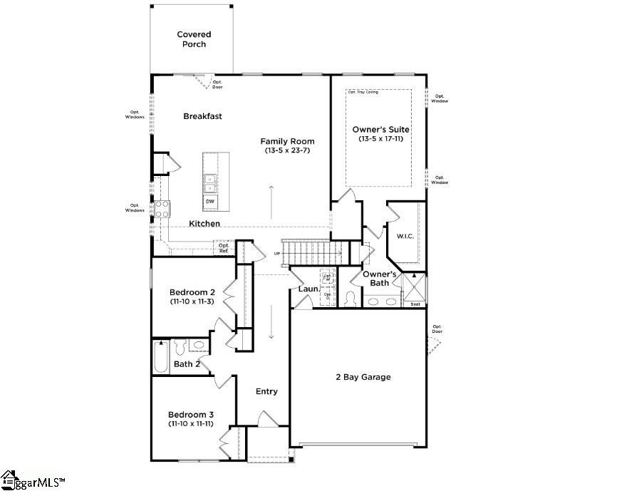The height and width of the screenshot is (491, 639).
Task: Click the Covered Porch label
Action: [194, 39]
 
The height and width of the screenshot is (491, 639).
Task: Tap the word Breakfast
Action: [202, 116]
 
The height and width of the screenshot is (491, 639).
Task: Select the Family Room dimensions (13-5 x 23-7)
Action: [287, 151]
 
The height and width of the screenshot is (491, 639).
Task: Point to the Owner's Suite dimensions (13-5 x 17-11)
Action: [381, 139]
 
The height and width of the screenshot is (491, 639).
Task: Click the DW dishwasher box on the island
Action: [210, 202]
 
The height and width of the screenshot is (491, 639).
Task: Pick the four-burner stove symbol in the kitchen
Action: [162, 208]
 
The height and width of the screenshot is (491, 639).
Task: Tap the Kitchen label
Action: [204, 224]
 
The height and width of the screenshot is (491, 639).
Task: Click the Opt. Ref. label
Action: [224, 248]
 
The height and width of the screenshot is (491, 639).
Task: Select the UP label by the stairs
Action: [277, 253]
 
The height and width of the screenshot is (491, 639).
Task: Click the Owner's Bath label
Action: [379, 279]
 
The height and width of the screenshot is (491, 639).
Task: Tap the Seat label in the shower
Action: [415, 304]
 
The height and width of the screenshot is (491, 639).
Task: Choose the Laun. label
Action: [307, 289]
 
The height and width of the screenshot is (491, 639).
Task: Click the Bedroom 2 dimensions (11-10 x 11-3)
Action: [192, 301]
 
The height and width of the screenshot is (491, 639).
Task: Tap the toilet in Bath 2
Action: [180, 347]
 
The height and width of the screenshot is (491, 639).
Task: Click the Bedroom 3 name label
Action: [191, 414]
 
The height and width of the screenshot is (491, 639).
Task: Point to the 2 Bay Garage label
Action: [363, 377]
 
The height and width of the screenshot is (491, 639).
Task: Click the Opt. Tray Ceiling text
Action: [363, 92]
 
